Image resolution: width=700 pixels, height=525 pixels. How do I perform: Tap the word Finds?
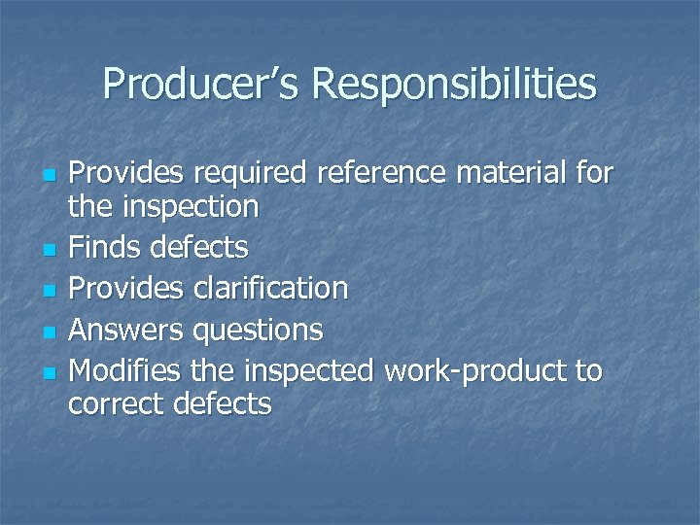point(104,247)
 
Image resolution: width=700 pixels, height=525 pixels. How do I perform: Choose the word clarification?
point(270,288)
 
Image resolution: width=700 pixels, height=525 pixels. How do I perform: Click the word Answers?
point(125,330)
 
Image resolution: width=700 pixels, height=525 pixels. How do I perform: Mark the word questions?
point(258,331)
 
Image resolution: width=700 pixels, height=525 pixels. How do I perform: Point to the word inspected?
point(309,371)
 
